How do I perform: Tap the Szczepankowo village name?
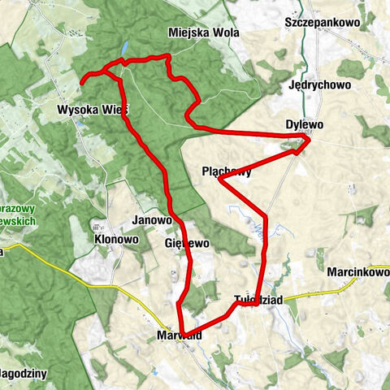pos(321,22)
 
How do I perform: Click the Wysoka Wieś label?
pos(93,109)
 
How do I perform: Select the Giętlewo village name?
pos(187,243)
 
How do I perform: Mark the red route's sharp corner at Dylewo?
pos(309,141)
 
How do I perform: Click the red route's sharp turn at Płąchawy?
pos(220,180)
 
